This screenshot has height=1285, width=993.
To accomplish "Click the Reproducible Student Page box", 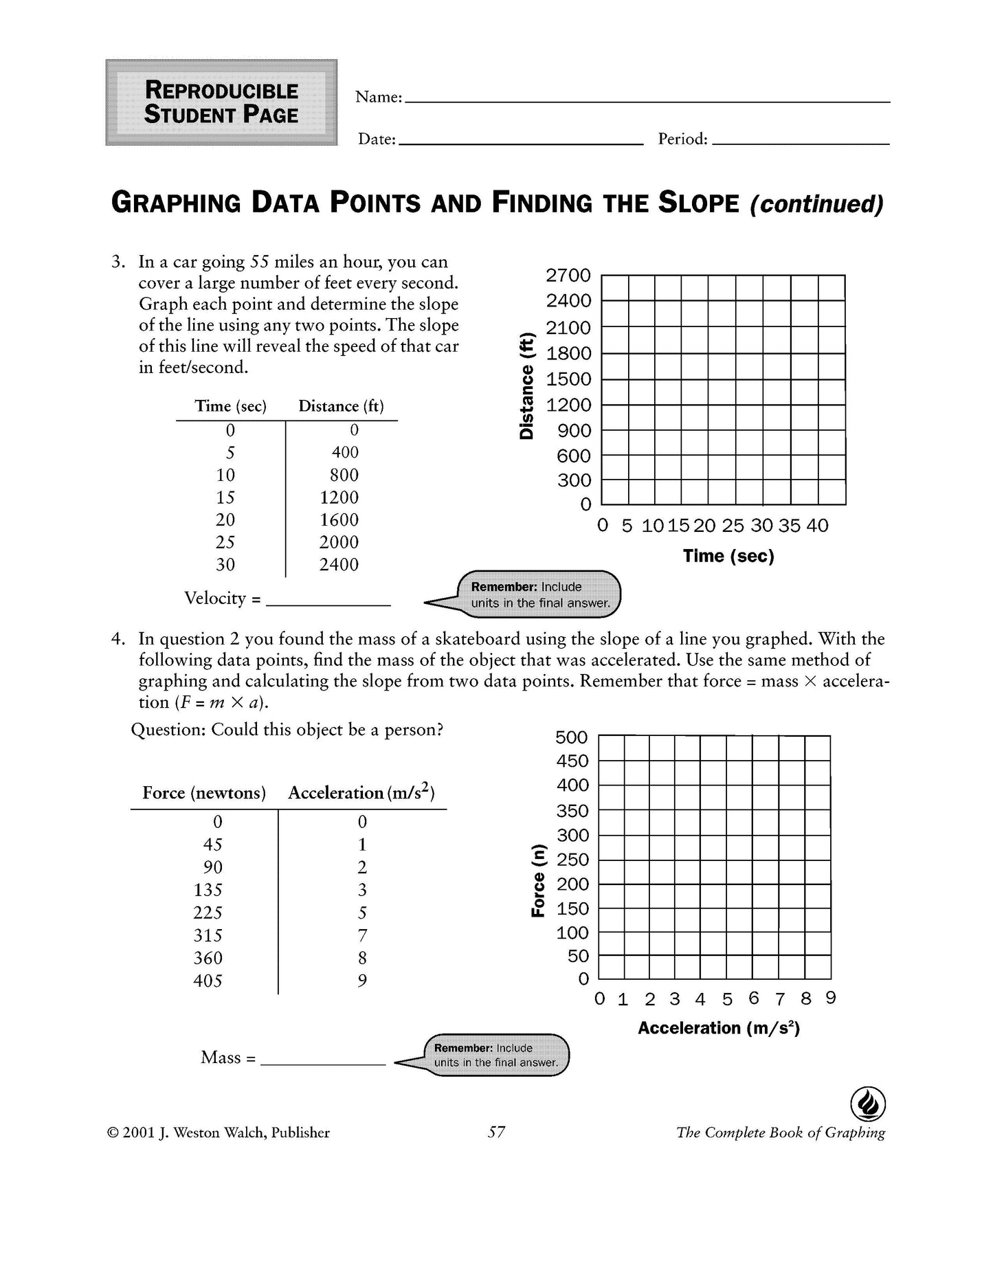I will click(221, 102).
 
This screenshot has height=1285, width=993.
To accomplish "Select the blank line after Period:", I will click(801, 141).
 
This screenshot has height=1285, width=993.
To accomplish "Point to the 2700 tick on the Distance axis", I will click(568, 276).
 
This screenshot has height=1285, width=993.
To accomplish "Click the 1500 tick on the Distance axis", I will click(568, 379).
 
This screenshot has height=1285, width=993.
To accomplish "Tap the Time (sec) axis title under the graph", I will click(728, 556).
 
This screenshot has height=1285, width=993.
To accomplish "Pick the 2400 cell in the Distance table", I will click(339, 564).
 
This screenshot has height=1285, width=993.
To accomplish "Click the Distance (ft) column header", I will click(341, 406).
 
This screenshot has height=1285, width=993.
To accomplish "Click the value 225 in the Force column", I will click(208, 912).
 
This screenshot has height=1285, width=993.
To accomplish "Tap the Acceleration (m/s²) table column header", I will click(361, 793).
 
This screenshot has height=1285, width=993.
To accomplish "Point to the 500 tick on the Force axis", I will click(572, 737).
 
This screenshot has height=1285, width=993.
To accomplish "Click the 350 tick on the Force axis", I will click(572, 811).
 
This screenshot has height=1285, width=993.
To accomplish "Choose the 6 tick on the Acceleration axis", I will click(753, 998).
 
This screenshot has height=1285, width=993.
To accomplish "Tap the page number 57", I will click(496, 1132).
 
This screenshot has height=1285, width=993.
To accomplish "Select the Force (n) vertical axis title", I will click(538, 880).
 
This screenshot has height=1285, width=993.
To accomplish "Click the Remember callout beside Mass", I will click(496, 1055).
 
